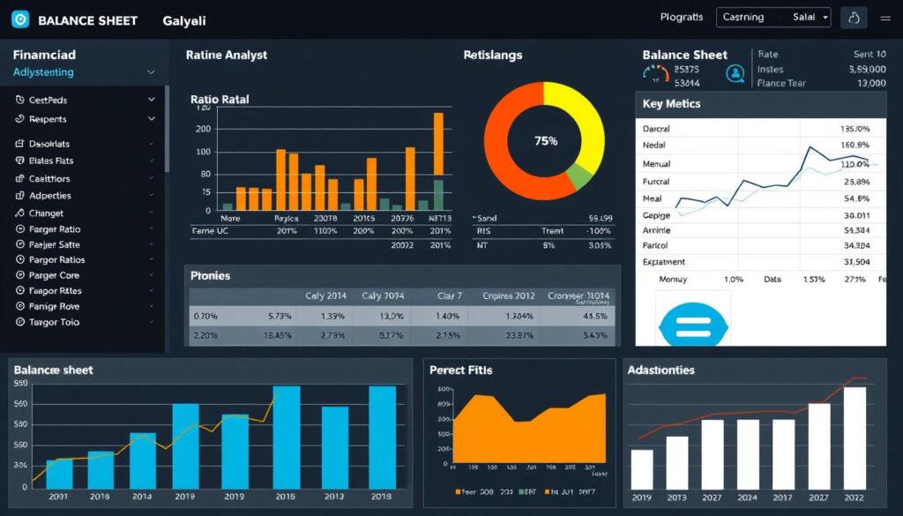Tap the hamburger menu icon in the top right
(x=884, y=18)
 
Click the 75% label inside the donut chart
(x=546, y=141)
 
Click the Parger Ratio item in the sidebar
(x=55, y=229)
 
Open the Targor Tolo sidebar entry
(x=54, y=322)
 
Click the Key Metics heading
(x=672, y=104)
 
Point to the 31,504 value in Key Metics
(x=856, y=262)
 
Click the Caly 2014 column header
(x=325, y=296)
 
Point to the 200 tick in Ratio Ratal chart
(x=204, y=129)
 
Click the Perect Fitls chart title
(x=460, y=370)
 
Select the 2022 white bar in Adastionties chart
(x=854, y=437)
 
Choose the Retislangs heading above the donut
(x=492, y=55)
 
